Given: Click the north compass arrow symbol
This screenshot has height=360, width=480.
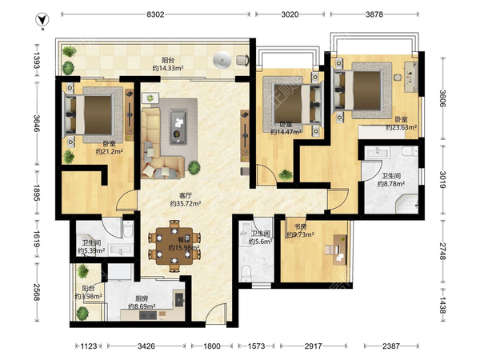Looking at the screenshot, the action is pyautogui.click(x=42, y=20).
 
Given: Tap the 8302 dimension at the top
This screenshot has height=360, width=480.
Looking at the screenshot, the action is pyautogui.click(x=155, y=14).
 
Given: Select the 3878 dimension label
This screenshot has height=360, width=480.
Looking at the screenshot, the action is pyautogui.click(x=374, y=14).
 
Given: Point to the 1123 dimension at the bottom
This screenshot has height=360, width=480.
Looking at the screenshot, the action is pyautogui.click(x=89, y=346).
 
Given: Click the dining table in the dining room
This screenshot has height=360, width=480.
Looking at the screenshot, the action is pyautogui.click(x=174, y=246).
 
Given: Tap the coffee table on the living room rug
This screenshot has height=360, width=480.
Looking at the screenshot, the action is pyautogui.click(x=178, y=126).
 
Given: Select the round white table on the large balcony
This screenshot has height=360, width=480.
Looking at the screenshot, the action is pyautogui.click(x=222, y=60).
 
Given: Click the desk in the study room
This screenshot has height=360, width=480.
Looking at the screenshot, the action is pyautogui.click(x=340, y=250).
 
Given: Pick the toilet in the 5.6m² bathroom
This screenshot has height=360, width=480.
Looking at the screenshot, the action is pyautogui.click(x=246, y=273).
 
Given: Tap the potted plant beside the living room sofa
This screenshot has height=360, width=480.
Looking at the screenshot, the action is pyautogui.click(x=194, y=167).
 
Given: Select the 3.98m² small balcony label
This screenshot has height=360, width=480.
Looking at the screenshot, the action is pyautogui.click(x=89, y=292).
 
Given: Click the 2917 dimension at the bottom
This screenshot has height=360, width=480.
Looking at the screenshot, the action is pyautogui.click(x=313, y=346).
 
